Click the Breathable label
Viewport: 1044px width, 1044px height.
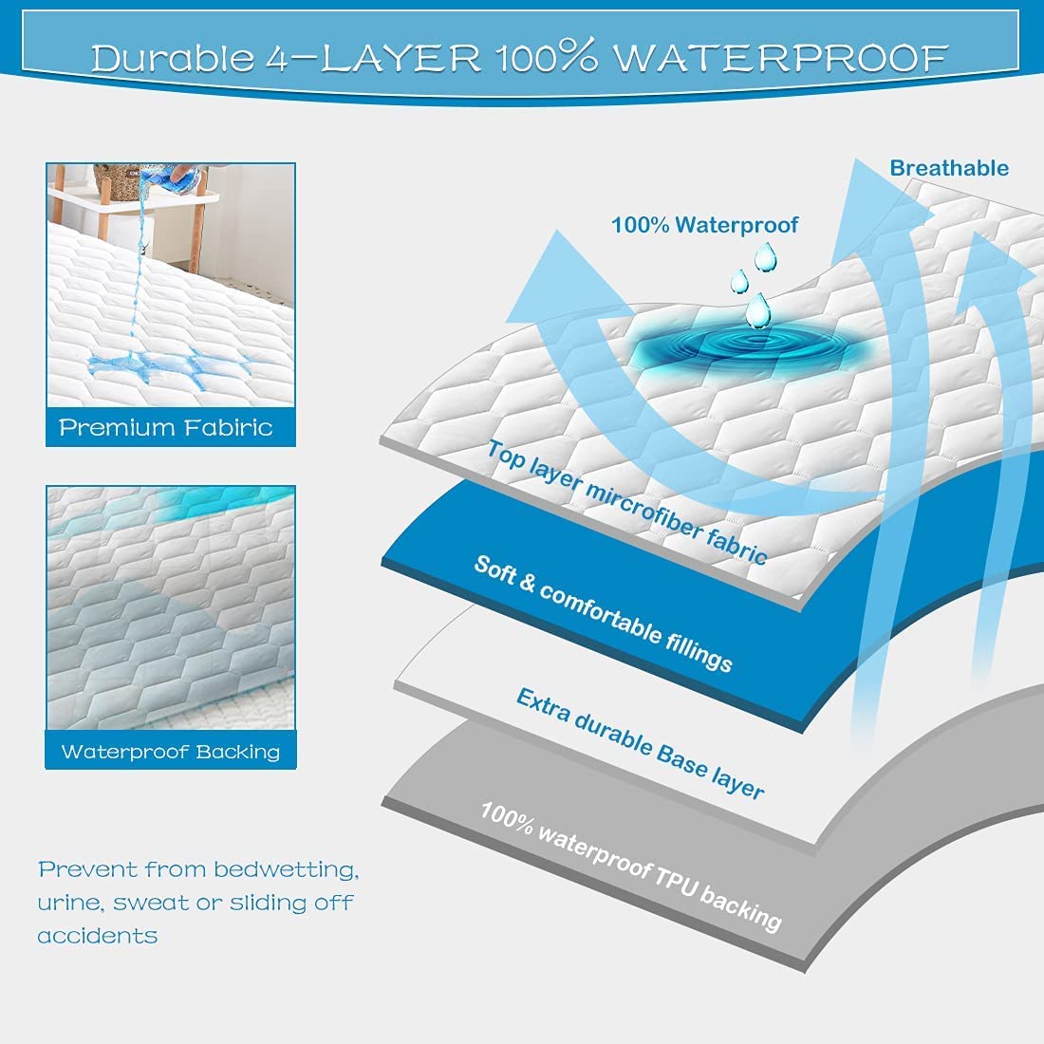pos(948,168)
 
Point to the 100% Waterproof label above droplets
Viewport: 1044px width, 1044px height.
pos(704,225)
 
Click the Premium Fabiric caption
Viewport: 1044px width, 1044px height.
pos(166,427)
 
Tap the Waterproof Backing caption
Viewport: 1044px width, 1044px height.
pos(170,752)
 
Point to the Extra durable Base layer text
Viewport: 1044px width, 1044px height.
pos(640,743)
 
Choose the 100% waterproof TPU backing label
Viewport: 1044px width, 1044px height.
pos(630,866)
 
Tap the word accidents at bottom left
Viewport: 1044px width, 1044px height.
pos(97,936)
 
